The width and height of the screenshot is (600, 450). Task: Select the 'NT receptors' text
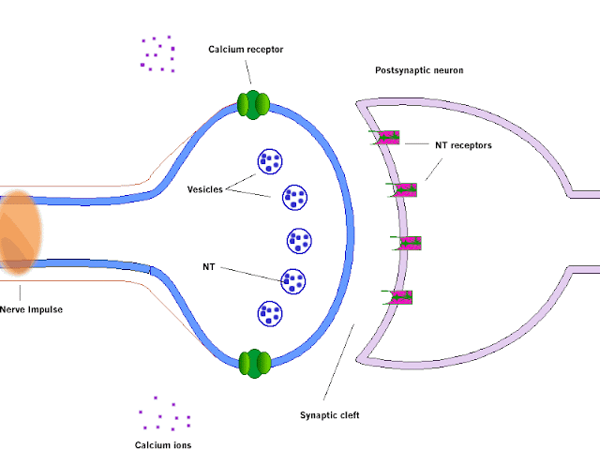tap(464, 145)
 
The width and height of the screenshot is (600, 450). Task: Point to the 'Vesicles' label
tap(205, 189)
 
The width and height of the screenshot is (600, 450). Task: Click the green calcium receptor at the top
tap(253, 104)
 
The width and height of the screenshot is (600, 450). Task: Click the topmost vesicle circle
tap(270, 161)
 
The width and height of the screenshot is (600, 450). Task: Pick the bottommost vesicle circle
tap(270, 314)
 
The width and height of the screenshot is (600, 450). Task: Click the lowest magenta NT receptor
tap(398, 297)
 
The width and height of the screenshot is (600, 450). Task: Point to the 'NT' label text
tap(209, 267)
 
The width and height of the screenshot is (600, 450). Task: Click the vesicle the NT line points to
tap(294, 279)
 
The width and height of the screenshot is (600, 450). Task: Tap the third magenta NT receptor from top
tap(409, 243)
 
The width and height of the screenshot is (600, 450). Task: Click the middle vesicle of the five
tap(299, 240)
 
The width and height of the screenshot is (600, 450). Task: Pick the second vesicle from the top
tap(296, 199)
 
